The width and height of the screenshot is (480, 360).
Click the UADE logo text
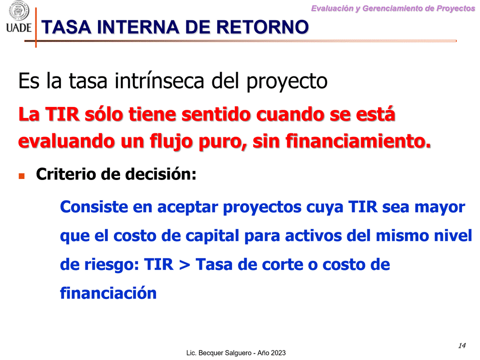(x=18, y=27)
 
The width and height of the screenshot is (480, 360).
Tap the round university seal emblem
(x=18, y=10)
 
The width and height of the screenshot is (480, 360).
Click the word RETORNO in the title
(x=262, y=27)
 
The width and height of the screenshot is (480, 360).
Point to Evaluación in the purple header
(x=333, y=8)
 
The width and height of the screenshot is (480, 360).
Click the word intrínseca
(x=159, y=81)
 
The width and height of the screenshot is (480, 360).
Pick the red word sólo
(x=104, y=114)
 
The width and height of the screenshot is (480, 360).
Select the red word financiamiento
(x=358, y=141)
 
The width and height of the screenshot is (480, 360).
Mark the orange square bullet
(x=22, y=176)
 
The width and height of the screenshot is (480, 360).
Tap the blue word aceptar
(x=187, y=207)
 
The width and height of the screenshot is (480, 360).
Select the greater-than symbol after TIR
(x=185, y=265)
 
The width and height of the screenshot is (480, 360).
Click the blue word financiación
(x=108, y=293)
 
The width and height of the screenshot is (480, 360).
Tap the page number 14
(x=462, y=345)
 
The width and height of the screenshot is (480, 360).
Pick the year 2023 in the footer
(x=279, y=353)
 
